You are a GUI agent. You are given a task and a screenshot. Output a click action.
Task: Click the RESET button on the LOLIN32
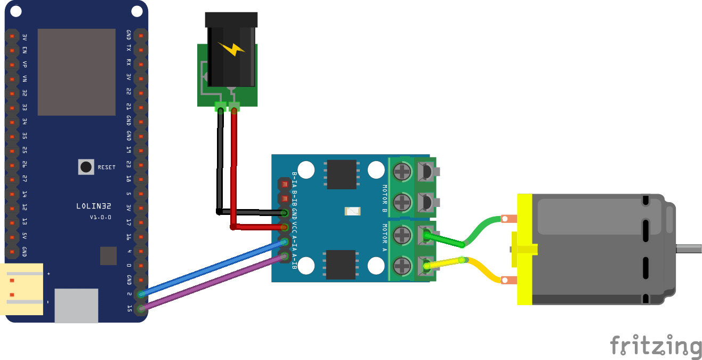tap(86, 167)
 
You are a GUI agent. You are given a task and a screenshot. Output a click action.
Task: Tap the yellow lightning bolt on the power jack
tap(232, 50)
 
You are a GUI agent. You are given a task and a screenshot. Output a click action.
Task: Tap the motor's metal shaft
tap(688, 249)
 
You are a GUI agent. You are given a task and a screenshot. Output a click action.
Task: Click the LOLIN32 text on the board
tap(94, 206)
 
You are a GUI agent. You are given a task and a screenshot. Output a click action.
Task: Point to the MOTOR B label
tap(384, 198)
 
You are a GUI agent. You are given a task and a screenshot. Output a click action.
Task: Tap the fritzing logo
tap(656, 346)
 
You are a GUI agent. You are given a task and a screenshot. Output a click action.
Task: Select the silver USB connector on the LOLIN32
tap(76, 305)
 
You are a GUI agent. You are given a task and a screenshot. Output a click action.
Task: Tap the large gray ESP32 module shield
tap(76, 72)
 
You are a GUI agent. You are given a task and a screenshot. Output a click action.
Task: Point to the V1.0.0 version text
tap(100, 217)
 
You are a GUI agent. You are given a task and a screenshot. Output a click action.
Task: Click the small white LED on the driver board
tap(352, 212)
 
